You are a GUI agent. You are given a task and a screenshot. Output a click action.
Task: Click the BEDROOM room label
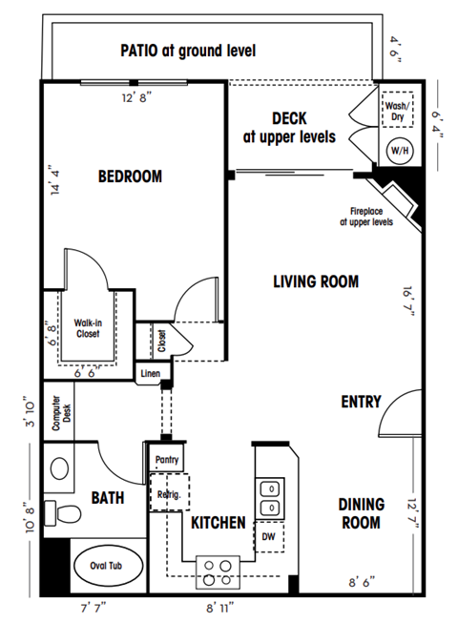pyautogui.click(x=130, y=177)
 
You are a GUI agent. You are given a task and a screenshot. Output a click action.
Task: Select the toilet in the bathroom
pyautogui.click(x=65, y=512)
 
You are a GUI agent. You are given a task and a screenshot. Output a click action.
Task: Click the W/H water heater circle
pyautogui.click(x=396, y=151)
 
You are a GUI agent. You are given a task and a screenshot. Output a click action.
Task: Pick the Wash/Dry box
pyautogui.click(x=396, y=108)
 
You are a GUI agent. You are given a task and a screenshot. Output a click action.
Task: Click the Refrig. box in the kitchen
pyautogui.click(x=170, y=495)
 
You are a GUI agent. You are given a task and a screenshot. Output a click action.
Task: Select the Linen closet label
pyautogui.click(x=150, y=373)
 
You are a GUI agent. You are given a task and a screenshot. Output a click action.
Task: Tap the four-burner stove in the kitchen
pyautogui.click(x=218, y=571)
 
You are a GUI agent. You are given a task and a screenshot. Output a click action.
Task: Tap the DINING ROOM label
pyautogui.click(x=362, y=513)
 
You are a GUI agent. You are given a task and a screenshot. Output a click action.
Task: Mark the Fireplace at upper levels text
pyautogui.click(x=365, y=217)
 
